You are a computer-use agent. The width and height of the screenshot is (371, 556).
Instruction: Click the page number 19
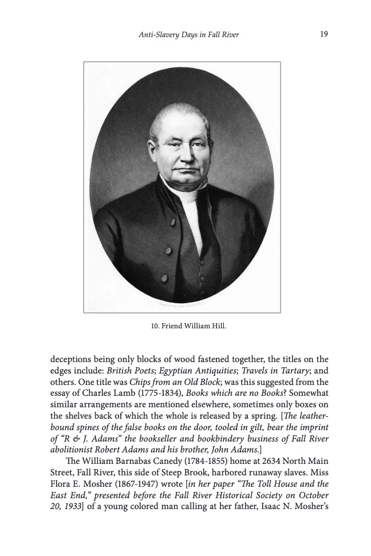(323, 34)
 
